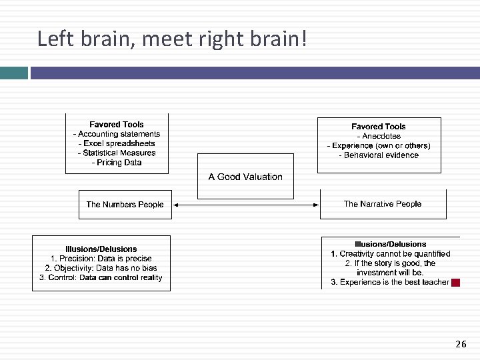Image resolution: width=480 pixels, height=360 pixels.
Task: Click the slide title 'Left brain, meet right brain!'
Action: click(172, 39)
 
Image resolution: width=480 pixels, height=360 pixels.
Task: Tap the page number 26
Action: click(461, 344)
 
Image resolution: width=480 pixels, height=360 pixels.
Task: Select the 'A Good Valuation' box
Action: click(245, 177)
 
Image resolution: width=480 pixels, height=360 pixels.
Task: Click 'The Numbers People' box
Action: click(125, 205)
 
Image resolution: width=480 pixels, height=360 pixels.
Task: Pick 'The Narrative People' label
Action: click(383, 204)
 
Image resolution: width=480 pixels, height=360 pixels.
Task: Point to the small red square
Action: click(456, 283)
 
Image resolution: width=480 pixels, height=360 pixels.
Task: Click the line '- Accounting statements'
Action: click(117, 134)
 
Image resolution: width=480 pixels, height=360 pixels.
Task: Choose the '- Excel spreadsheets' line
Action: click(117, 143)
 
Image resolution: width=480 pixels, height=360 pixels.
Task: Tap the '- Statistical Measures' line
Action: click(117, 153)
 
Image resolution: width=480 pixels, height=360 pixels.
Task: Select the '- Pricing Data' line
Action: click(117, 163)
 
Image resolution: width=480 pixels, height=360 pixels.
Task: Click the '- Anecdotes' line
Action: click(379, 136)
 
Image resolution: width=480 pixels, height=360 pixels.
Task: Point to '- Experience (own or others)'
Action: click(379, 145)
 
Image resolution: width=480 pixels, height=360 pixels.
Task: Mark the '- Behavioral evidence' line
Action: click(379, 155)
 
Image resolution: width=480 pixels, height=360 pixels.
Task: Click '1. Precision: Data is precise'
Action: click(101, 259)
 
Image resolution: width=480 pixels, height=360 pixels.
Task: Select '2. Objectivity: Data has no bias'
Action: click(101, 268)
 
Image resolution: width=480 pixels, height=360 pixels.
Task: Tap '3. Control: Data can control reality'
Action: click(101, 277)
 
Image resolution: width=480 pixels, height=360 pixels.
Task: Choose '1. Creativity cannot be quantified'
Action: click(391, 253)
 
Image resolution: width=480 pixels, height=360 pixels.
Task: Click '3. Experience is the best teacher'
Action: click(390, 282)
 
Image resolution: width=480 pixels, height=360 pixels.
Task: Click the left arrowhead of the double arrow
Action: click(177, 205)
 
